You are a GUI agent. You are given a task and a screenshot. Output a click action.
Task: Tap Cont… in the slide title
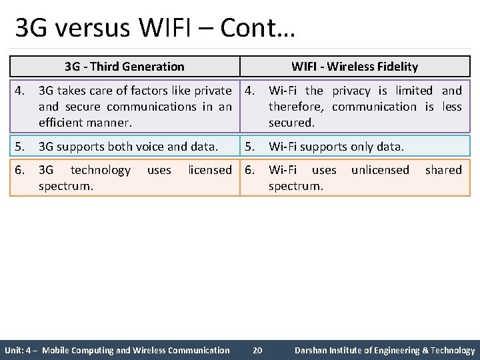click(x=257, y=28)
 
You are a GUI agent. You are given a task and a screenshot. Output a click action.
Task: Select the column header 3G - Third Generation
click(x=125, y=66)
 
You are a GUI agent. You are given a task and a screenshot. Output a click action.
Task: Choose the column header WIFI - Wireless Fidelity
click(x=355, y=66)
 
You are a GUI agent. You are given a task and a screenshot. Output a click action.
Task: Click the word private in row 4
click(x=209, y=91)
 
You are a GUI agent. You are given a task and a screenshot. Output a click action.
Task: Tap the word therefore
click(x=295, y=107)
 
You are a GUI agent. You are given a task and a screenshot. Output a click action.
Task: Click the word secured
click(x=291, y=123)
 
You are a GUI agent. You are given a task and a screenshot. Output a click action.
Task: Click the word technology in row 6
click(x=101, y=170)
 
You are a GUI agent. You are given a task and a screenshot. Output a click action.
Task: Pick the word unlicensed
click(x=380, y=170)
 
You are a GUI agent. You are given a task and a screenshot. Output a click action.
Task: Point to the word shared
click(x=443, y=170)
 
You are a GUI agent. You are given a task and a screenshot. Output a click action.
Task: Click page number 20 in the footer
click(x=258, y=350)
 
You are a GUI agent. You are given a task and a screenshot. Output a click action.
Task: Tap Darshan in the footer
click(x=313, y=350)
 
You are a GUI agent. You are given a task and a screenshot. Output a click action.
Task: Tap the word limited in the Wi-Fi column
click(x=414, y=91)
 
